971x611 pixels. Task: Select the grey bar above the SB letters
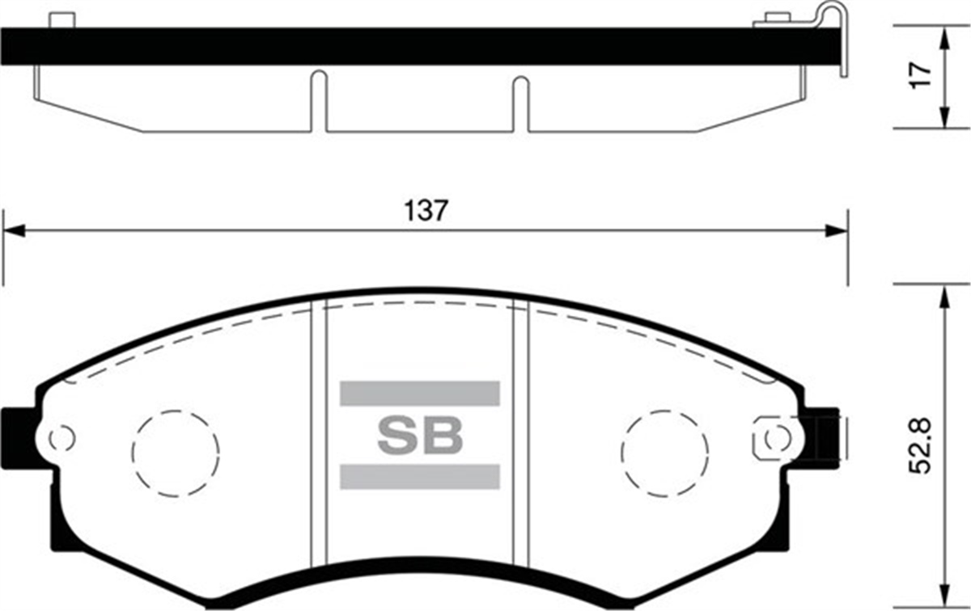click(x=420, y=394)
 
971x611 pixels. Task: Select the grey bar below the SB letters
click(x=420, y=477)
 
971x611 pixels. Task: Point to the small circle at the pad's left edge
click(x=61, y=439)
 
